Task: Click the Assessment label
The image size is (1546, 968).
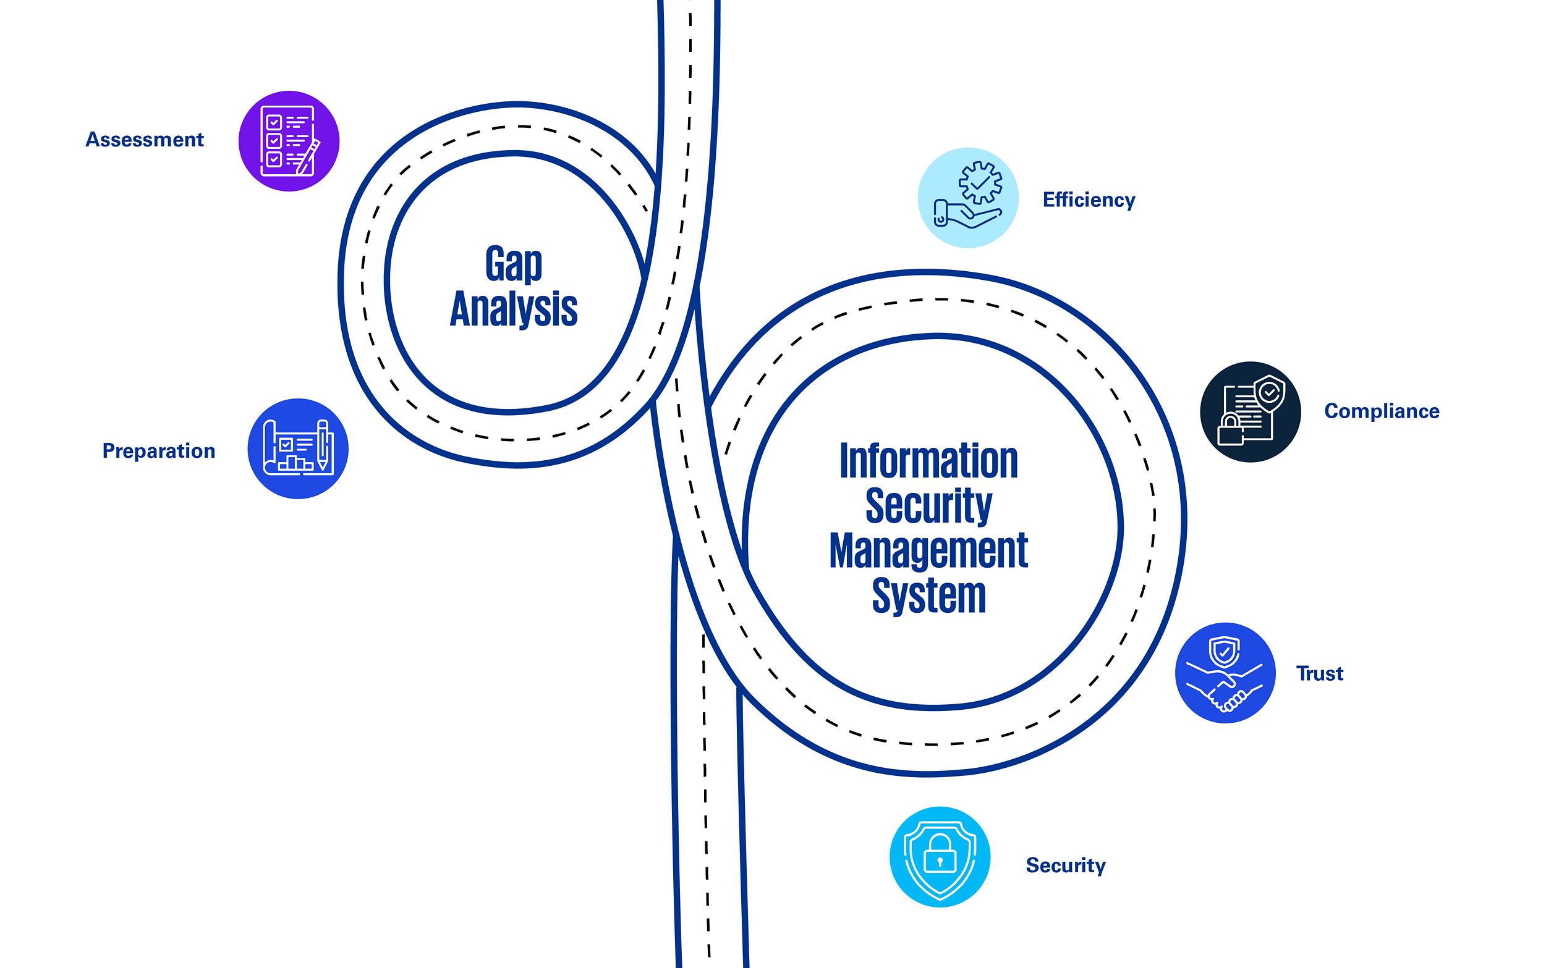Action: (x=145, y=140)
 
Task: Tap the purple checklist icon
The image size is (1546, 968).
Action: (x=289, y=141)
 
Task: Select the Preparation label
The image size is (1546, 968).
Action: (x=159, y=451)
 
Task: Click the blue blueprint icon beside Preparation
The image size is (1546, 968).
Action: (x=298, y=448)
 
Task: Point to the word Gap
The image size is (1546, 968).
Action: (x=514, y=264)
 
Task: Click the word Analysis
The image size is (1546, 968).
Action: (x=514, y=309)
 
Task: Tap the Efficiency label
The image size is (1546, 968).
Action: (x=1089, y=200)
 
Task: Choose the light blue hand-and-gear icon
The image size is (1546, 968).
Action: (x=968, y=198)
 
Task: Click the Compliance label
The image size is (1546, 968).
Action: (x=1382, y=411)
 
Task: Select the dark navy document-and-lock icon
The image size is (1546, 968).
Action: (x=1250, y=411)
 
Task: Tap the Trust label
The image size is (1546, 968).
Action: (x=1319, y=673)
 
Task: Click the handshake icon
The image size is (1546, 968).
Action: (x=1225, y=688)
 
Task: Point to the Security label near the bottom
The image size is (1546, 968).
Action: (x=1066, y=865)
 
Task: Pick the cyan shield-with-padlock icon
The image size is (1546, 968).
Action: (x=940, y=857)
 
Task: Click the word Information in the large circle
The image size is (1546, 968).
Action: (x=928, y=461)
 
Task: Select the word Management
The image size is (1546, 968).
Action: (x=928, y=550)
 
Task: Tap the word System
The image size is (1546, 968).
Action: (x=928, y=596)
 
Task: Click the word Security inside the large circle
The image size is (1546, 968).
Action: (x=928, y=506)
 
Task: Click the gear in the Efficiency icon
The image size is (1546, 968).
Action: (x=980, y=183)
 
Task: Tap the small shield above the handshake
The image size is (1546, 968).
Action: (x=1224, y=652)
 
